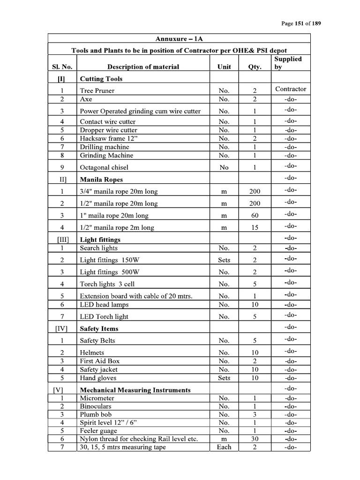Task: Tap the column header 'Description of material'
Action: (143, 67)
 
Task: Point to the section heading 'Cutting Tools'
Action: (101, 79)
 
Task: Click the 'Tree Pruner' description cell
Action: (97, 90)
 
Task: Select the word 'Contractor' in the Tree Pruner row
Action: (291, 89)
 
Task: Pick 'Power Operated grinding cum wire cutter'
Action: (140, 111)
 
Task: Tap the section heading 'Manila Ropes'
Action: (101, 179)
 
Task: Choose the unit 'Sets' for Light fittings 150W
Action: (224, 260)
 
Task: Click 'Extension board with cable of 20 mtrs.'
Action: (136, 296)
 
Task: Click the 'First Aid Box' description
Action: (100, 361)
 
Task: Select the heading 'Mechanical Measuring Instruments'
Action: (135, 390)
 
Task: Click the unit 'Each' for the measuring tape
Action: (224, 447)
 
